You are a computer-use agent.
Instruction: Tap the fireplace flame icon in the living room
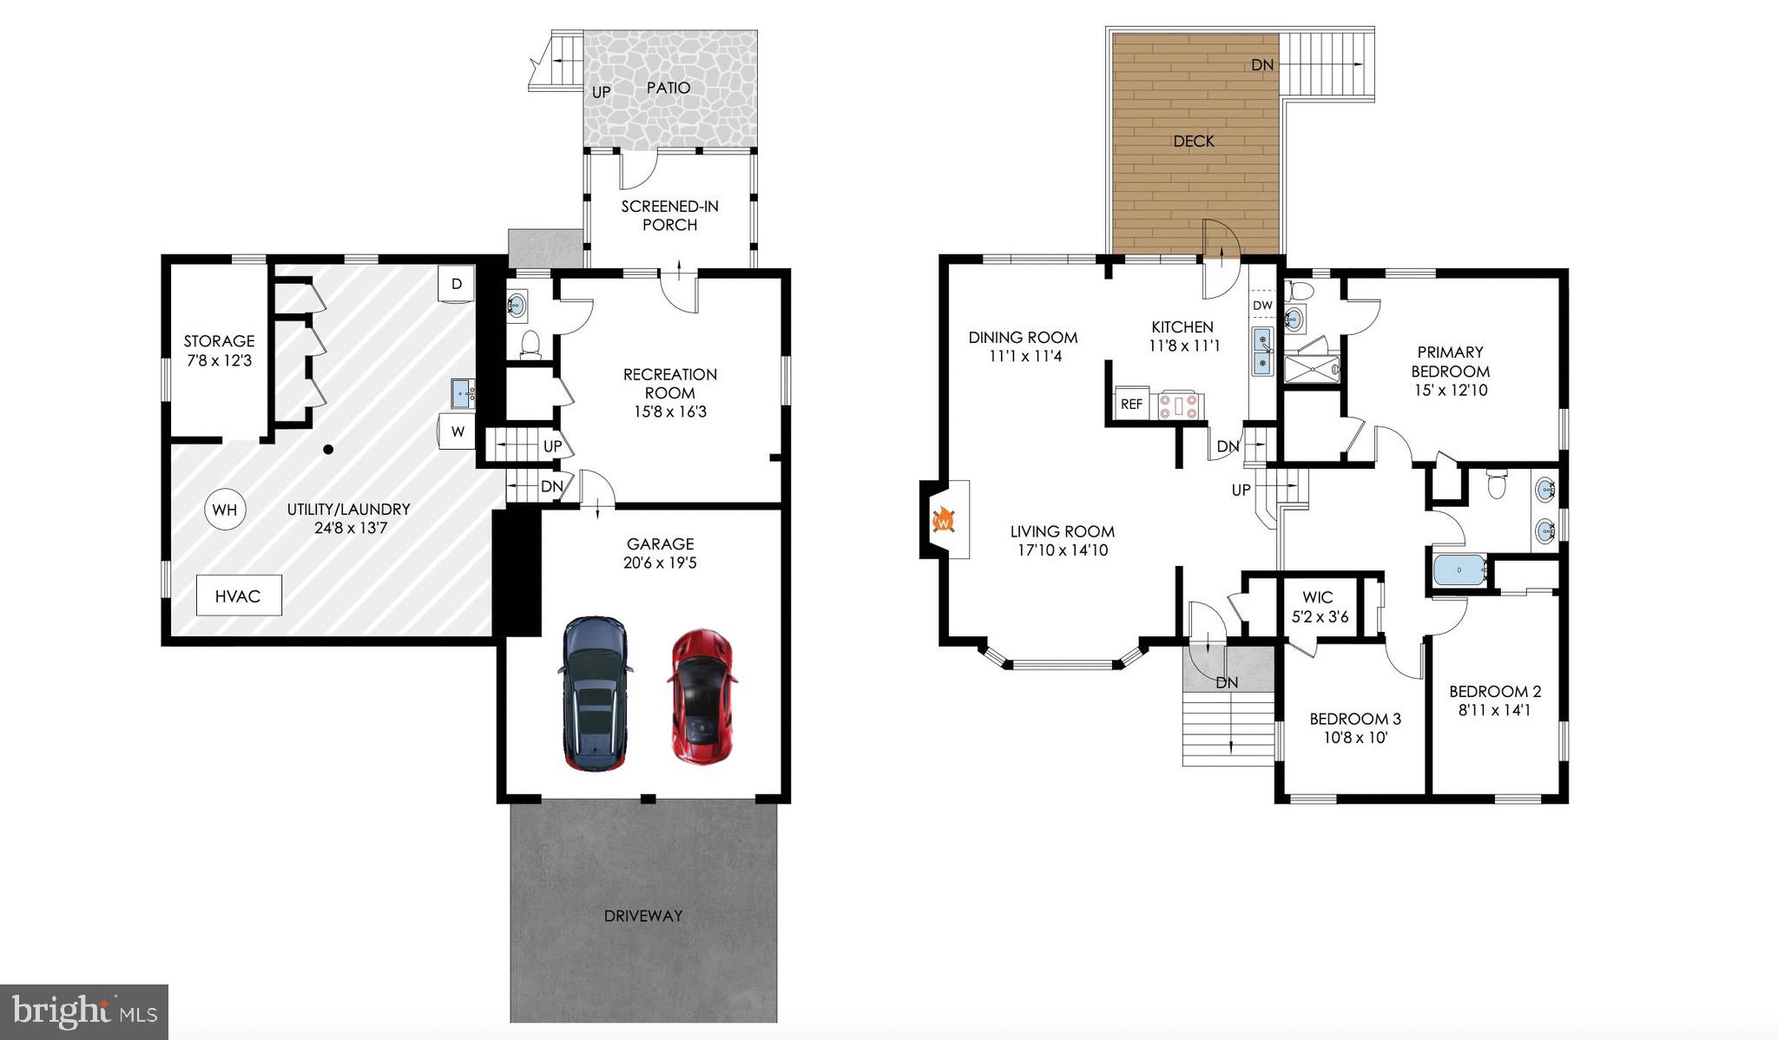pos(944,521)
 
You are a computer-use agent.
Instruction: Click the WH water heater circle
pos(225,510)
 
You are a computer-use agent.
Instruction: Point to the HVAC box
pos(239,596)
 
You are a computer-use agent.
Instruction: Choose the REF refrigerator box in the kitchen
pos(1131,404)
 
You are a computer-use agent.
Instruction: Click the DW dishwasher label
pos(1262,305)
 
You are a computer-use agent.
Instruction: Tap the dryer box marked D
pos(457,284)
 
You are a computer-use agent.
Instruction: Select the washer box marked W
pos(458,431)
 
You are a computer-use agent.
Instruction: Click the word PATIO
pos(668,88)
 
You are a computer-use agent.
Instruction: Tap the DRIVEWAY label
pos(642,915)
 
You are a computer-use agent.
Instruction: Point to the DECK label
pos(1194,141)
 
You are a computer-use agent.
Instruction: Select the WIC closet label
pos(1317,597)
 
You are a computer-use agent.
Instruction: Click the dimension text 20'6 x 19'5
pos(660,563)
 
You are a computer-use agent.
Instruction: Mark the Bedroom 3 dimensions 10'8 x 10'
pos(1355,738)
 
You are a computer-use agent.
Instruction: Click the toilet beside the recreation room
pos(530,346)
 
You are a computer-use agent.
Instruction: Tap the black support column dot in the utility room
pos(328,450)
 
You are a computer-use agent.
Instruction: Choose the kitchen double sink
pos(1262,351)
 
